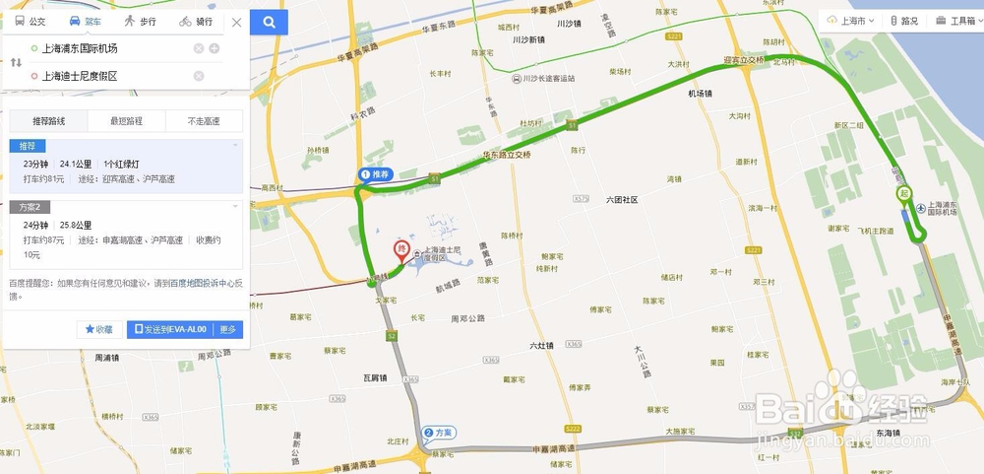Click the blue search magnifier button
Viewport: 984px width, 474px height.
coord(270,22)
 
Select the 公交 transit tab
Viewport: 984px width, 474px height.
coord(31,22)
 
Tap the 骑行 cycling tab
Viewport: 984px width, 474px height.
coord(196,22)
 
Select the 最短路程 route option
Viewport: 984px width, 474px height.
coord(126,121)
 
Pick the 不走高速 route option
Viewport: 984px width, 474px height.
coord(205,121)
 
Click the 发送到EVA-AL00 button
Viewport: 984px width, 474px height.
coord(170,329)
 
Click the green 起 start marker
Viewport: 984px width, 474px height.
coord(903,193)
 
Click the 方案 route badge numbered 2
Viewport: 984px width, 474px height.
coord(438,433)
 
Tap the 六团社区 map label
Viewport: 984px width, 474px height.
coord(622,200)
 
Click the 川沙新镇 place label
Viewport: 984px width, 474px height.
coord(529,40)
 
